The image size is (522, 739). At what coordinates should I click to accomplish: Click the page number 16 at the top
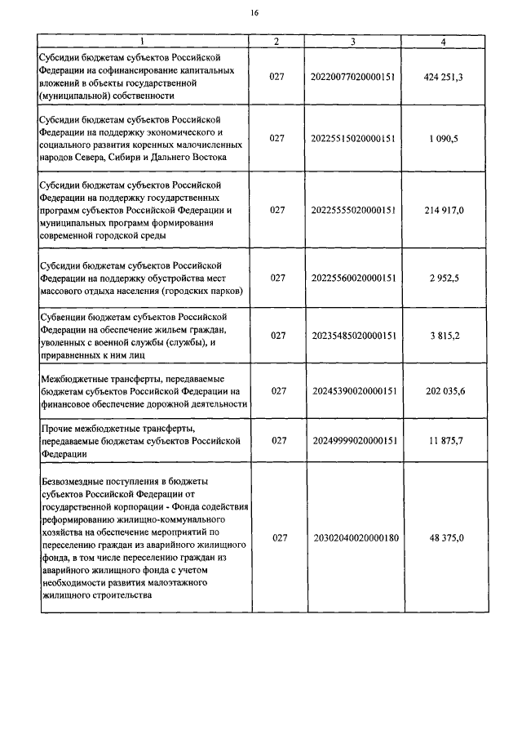254,13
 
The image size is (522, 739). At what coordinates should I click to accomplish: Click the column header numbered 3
352,41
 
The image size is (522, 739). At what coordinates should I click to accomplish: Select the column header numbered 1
141,41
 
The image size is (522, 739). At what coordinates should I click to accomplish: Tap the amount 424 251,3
444,77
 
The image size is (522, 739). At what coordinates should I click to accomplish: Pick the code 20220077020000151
353,77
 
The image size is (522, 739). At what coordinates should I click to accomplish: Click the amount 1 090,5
444,139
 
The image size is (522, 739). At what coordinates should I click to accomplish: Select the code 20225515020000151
353,139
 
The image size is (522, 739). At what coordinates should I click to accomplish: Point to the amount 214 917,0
444,210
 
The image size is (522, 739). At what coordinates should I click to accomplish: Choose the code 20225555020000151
353,210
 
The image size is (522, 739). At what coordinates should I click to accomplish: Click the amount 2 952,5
444,278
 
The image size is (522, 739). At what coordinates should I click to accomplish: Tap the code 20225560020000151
353,278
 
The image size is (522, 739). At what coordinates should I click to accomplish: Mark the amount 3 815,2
444,336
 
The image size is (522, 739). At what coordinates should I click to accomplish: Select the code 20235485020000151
353,336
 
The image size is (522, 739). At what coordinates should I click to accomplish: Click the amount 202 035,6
444,391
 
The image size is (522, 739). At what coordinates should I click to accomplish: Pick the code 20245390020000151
353,391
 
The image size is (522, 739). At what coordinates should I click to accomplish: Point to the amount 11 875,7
444,441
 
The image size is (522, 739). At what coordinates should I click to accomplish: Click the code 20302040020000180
353,538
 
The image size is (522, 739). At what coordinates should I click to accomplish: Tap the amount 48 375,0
444,538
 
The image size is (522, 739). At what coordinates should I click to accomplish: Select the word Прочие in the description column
55,428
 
